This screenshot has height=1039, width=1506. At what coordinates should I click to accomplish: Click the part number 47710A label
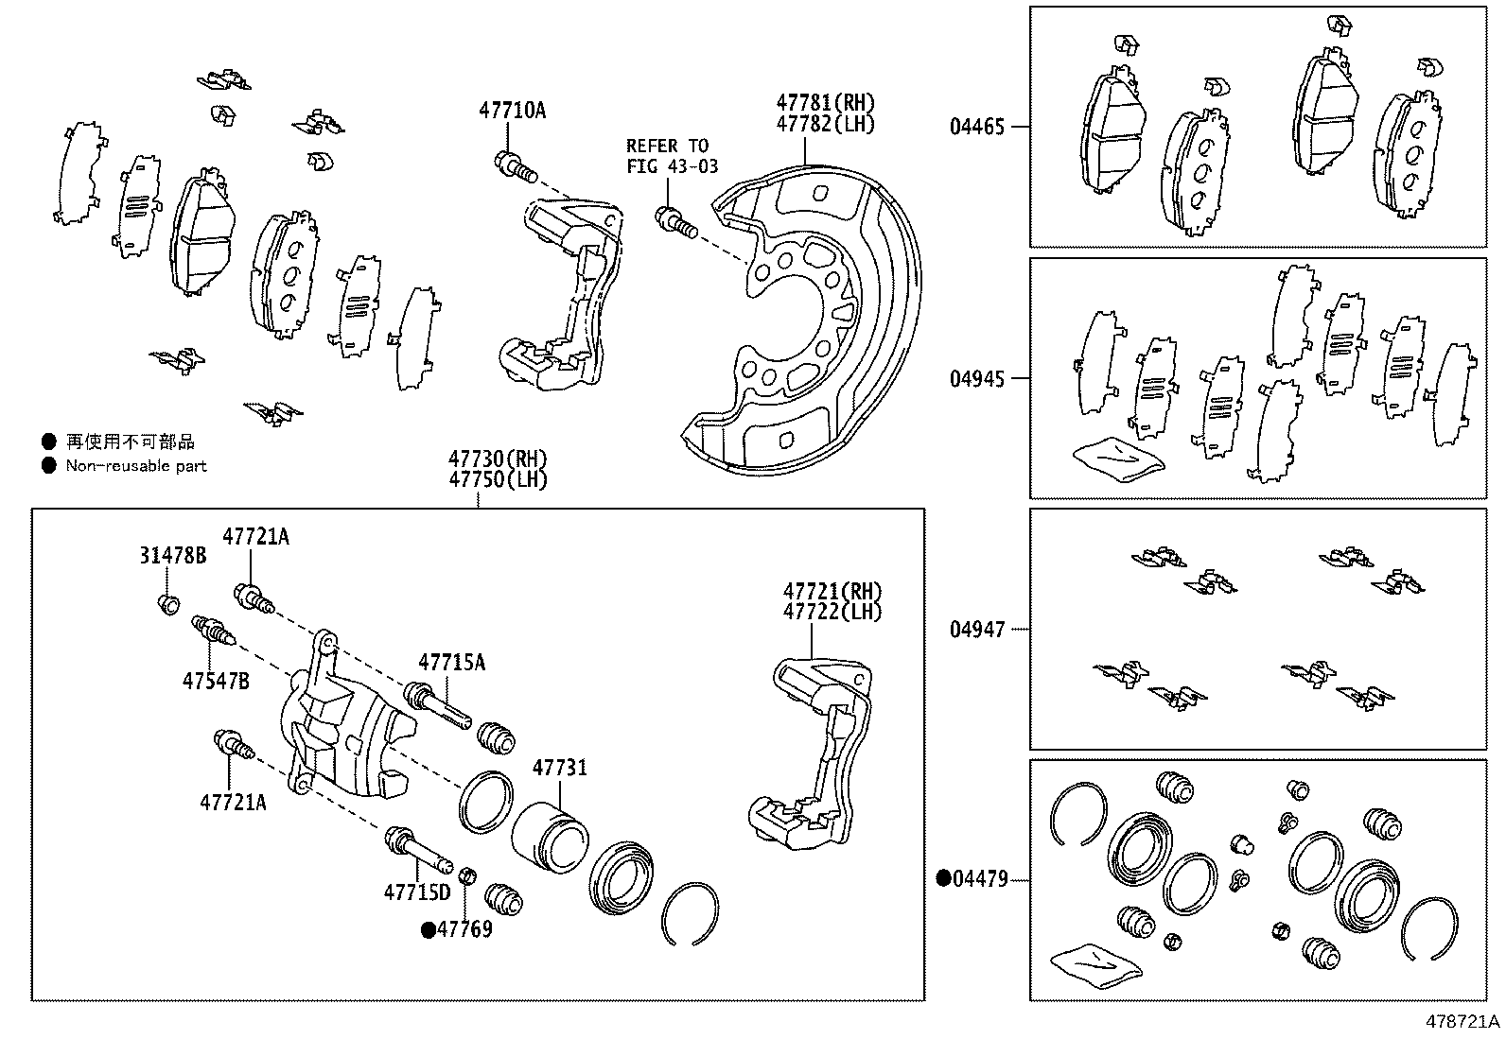pos(512,111)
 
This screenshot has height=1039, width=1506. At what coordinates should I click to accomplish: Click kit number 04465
pos(977,126)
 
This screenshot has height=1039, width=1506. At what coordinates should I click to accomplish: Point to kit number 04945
pos(977,378)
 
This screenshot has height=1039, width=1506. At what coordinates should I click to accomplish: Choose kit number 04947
pos(977,629)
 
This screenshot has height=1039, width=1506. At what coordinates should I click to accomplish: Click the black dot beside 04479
pos(943,879)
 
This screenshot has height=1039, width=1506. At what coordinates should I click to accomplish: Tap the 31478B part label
pos(172,556)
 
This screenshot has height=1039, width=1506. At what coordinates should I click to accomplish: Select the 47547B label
pos(216,680)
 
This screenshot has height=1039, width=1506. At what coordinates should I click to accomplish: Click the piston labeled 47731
pos(550,835)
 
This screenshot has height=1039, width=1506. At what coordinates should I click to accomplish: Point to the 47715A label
pos(452,663)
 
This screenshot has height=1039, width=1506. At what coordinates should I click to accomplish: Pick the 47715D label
pos(417,891)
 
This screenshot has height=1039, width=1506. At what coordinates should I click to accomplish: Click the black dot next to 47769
pos(428,930)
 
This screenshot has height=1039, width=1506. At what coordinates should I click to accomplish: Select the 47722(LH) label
pos(832,612)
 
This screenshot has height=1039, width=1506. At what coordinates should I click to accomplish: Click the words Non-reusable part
pos(135,466)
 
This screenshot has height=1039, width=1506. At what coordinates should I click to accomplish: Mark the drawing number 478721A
pos(1463,1022)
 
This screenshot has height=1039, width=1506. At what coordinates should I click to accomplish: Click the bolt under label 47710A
pos(515,167)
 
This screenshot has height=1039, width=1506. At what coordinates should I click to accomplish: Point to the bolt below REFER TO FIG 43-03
pos(674,222)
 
